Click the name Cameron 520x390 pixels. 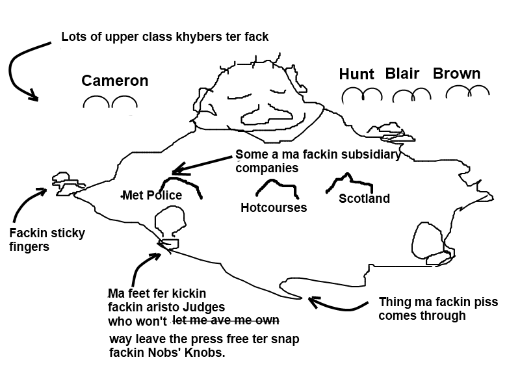pos(114,81)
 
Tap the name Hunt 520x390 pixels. pos(357,74)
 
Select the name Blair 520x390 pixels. pos(402,73)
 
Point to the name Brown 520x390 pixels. pos(456,73)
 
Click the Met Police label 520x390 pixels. pos(153,196)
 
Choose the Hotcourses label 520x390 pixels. pos(274,208)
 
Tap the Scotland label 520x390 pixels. pos(364,199)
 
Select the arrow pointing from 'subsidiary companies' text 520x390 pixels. pos(201,164)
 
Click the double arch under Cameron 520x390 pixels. pos(110,102)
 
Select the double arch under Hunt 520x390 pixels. pos(362,96)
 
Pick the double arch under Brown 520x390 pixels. pos(467,92)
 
